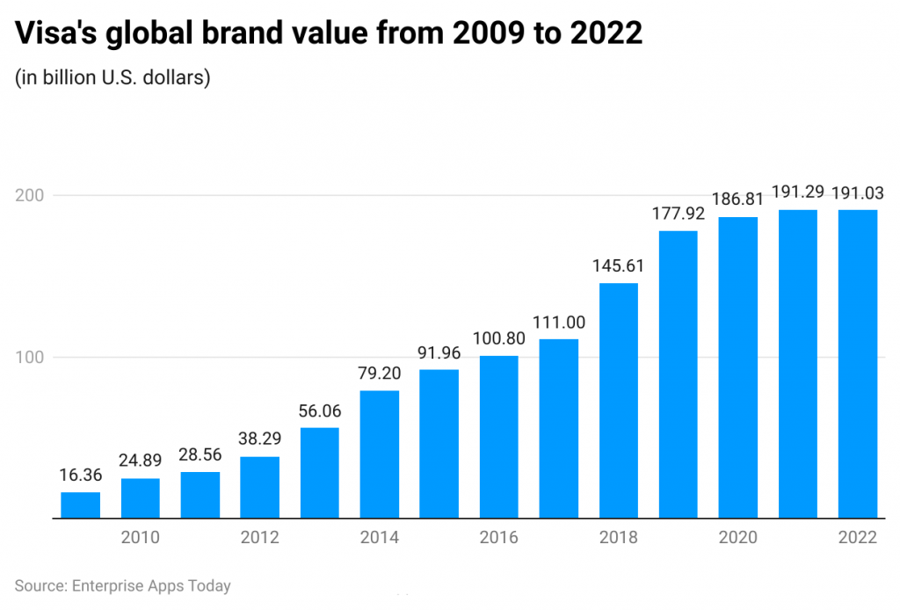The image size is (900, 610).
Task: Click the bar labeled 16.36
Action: click(80, 505)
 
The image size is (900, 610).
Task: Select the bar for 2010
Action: click(141, 498)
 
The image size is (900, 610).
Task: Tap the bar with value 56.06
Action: click(320, 473)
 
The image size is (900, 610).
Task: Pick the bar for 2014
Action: click(380, 454)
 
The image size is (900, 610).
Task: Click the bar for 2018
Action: click(619, 401)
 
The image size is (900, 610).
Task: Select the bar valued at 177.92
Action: click(679, 374)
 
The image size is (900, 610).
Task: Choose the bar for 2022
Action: click(858, 364)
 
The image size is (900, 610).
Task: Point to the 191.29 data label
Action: click(798, 192)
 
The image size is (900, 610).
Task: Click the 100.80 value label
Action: click(499, 338)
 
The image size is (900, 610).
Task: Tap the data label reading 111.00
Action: click(559, 322)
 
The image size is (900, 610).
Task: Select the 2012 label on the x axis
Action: click(260, 537)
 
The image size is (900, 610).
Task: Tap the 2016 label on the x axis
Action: click(499, 537)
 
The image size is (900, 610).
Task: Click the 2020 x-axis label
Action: click(738, 537)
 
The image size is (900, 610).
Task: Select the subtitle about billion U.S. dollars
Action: click(112, 77)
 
